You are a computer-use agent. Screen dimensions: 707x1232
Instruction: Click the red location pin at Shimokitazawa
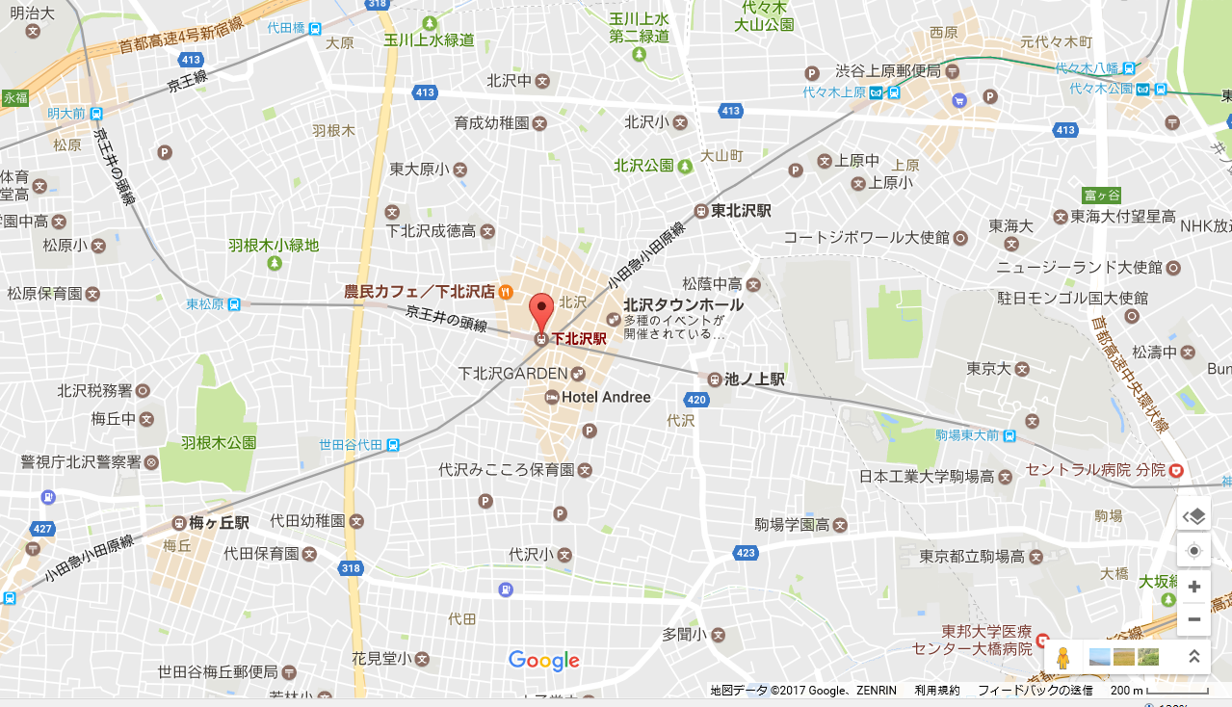[x=541, y=312]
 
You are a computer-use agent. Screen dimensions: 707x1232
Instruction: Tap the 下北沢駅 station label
[x=578, y=339]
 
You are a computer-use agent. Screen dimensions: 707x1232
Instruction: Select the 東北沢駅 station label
[x=741, y=211]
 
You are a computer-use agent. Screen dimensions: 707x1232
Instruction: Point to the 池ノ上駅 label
[x=757, y=380]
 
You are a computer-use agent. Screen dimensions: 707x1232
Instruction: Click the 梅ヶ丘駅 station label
[x=219, y=523]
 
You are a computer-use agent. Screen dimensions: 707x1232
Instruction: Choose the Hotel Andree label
[x=606, y=397]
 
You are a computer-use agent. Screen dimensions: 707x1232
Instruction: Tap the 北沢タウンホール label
[x=683, y=304]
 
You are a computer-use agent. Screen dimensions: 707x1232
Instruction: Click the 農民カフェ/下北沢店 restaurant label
[x=420, y=291]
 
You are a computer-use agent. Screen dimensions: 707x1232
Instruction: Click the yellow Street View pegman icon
[x=1062, y=658]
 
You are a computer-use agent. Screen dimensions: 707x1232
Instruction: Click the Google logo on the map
[x=544, y=661]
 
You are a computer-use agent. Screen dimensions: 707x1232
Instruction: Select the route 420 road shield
[x=696, y=400]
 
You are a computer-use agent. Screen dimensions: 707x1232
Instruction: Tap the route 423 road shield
[x=746, y=553]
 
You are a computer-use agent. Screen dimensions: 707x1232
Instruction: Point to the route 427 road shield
[x=42, y=529]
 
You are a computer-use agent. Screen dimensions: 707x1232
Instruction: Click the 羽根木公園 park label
[x=219, y=443]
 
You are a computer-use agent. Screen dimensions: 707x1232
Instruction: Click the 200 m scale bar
[x=1161, y=691]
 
